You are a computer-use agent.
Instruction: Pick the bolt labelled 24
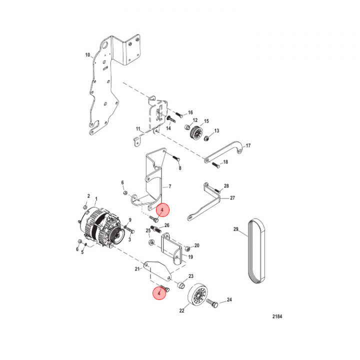coord(212,302)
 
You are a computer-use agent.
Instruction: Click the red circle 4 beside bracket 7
coord(162,210)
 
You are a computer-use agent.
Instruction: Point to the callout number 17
coord(248,146)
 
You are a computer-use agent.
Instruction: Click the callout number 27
coord(232,198)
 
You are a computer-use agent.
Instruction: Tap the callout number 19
coord(190,257)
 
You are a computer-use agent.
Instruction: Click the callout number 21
coord(136,269)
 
